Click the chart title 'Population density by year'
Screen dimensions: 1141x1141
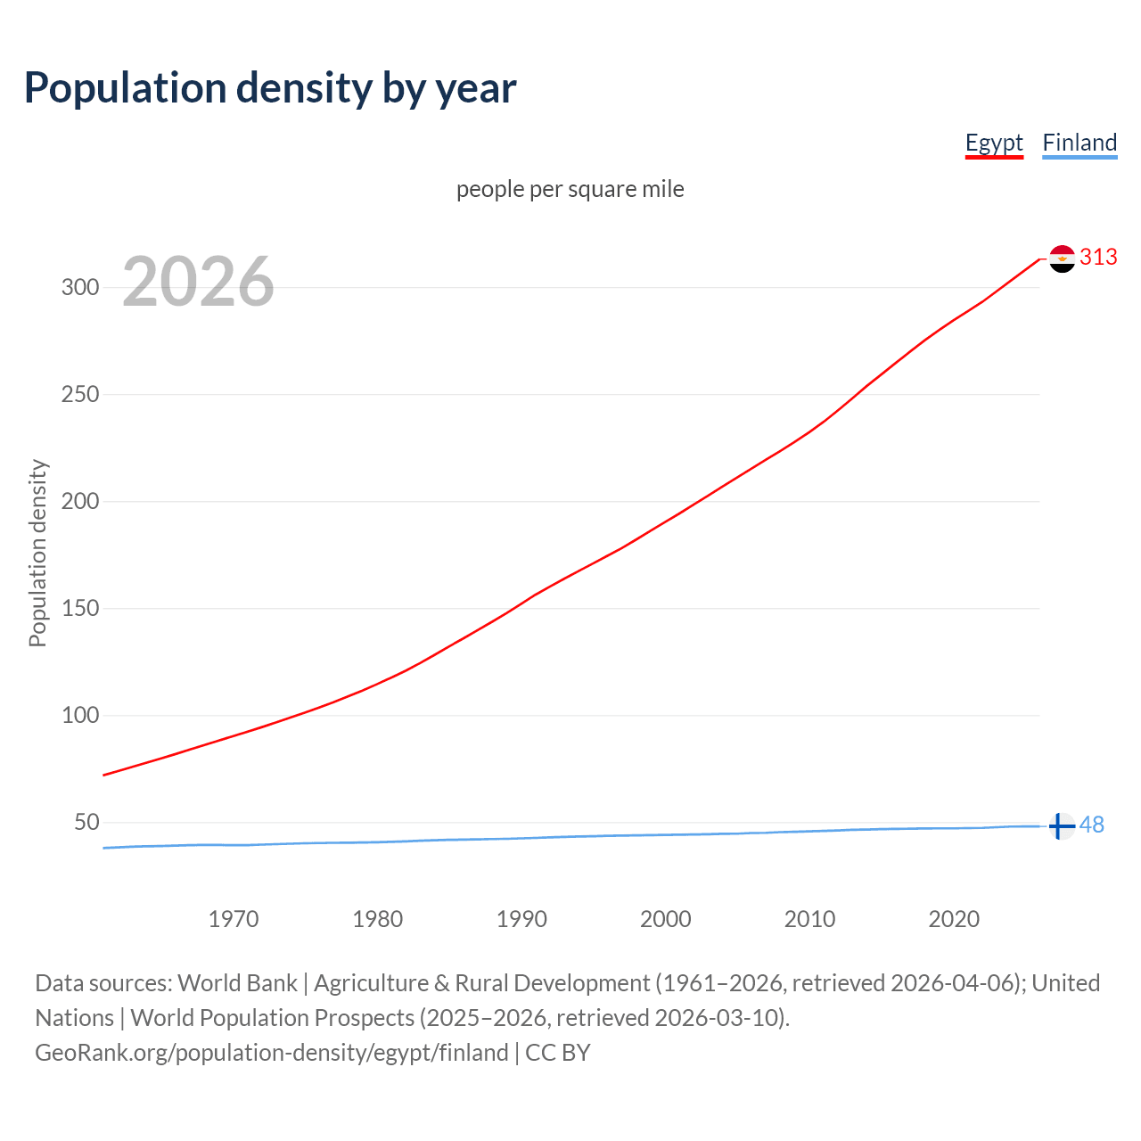(270, 88)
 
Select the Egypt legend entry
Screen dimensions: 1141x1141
(994, 143)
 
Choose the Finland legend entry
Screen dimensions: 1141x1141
(1079, 143)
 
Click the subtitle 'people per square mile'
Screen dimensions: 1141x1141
(570, 189)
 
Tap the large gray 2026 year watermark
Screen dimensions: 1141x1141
(198, 282)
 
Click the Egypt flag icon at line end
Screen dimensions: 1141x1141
(1062, 259)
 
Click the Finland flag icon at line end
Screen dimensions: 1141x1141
(1061, 826)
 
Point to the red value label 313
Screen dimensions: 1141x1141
(1098, 258)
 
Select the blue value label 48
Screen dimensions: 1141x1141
(1092, 825)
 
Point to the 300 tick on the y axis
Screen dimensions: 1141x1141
(79, 287)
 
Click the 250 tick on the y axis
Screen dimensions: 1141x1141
(79, 394)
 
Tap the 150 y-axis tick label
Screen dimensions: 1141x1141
(79, 608)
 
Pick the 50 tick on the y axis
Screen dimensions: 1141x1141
(86, 822)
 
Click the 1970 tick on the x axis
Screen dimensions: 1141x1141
(234, 919)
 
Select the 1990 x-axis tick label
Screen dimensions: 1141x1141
(521, 919)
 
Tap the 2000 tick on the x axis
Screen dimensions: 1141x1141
(666, 919)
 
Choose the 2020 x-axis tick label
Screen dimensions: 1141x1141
(954, 919)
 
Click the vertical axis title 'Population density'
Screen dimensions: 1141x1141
(37, 553)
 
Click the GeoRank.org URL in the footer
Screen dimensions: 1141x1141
(271, 1053)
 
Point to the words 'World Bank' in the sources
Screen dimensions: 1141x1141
(237, 983)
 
